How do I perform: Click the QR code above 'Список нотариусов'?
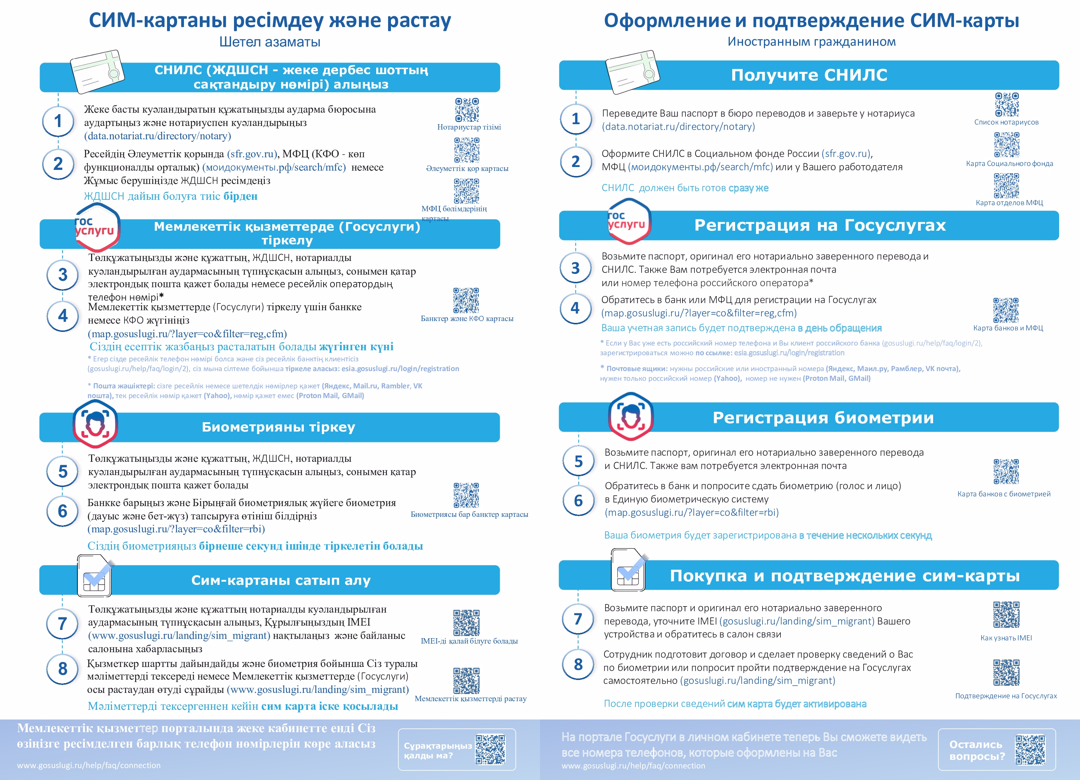pyautogui.click(x=1007, y=105)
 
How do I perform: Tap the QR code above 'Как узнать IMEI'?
pyautogui.click(x=1006, y=615)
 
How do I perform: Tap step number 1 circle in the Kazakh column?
pyautogui.click(x=58, y=121)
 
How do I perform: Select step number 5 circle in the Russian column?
pyautogui.click(x=579, y=461)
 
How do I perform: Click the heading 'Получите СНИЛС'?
pyautogui.click(x=809, y=75)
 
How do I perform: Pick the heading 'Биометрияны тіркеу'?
pyautogui.click(x=279, y=427)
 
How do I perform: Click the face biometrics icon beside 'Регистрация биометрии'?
pyautogui.click(x=631, y=417)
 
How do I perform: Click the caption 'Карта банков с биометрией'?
pyautogui.click(x=1004, y=494)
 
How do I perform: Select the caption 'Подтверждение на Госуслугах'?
pyautogui.click(x=1006, y=696)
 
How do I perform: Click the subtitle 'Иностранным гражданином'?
pyautogui.click(x=811, y=42)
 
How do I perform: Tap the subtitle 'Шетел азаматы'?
pyautogui.click(x=270, y=42)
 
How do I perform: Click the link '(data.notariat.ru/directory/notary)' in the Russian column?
pyautogui.click(x=678, y=127)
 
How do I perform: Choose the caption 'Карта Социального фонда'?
pyautogui.click(x=1009, y=163)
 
